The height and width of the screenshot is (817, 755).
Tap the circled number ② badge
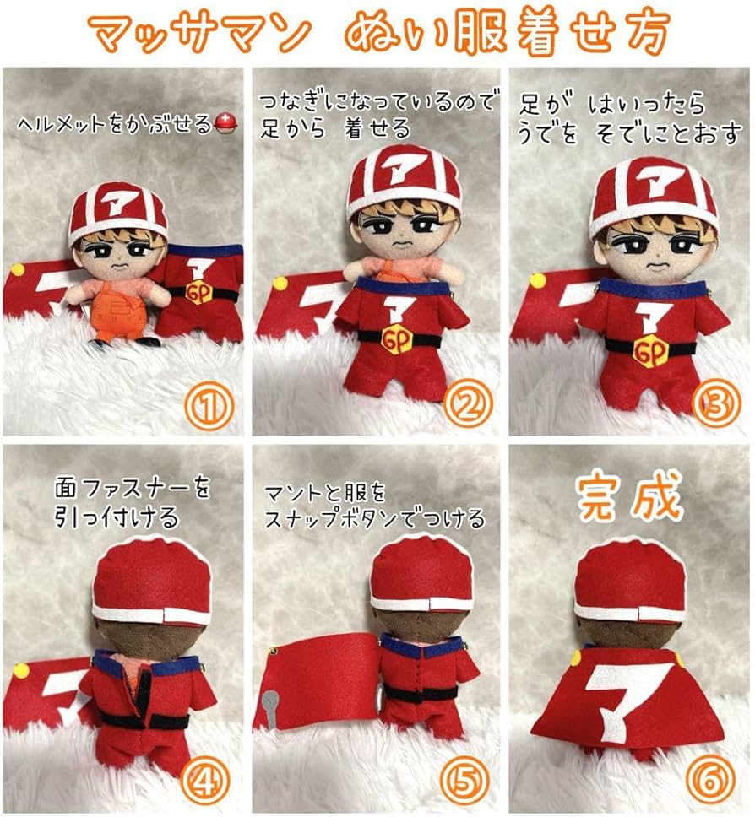click(463, 409)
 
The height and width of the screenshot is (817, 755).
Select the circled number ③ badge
click(717, 407)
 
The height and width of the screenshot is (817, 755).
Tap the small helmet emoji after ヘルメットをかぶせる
click(227, 123)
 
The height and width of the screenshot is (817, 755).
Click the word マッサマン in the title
click(199, 35)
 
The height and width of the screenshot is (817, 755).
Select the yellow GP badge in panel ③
click(650, 349)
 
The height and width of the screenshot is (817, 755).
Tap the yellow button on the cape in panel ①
click(18, 270)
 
